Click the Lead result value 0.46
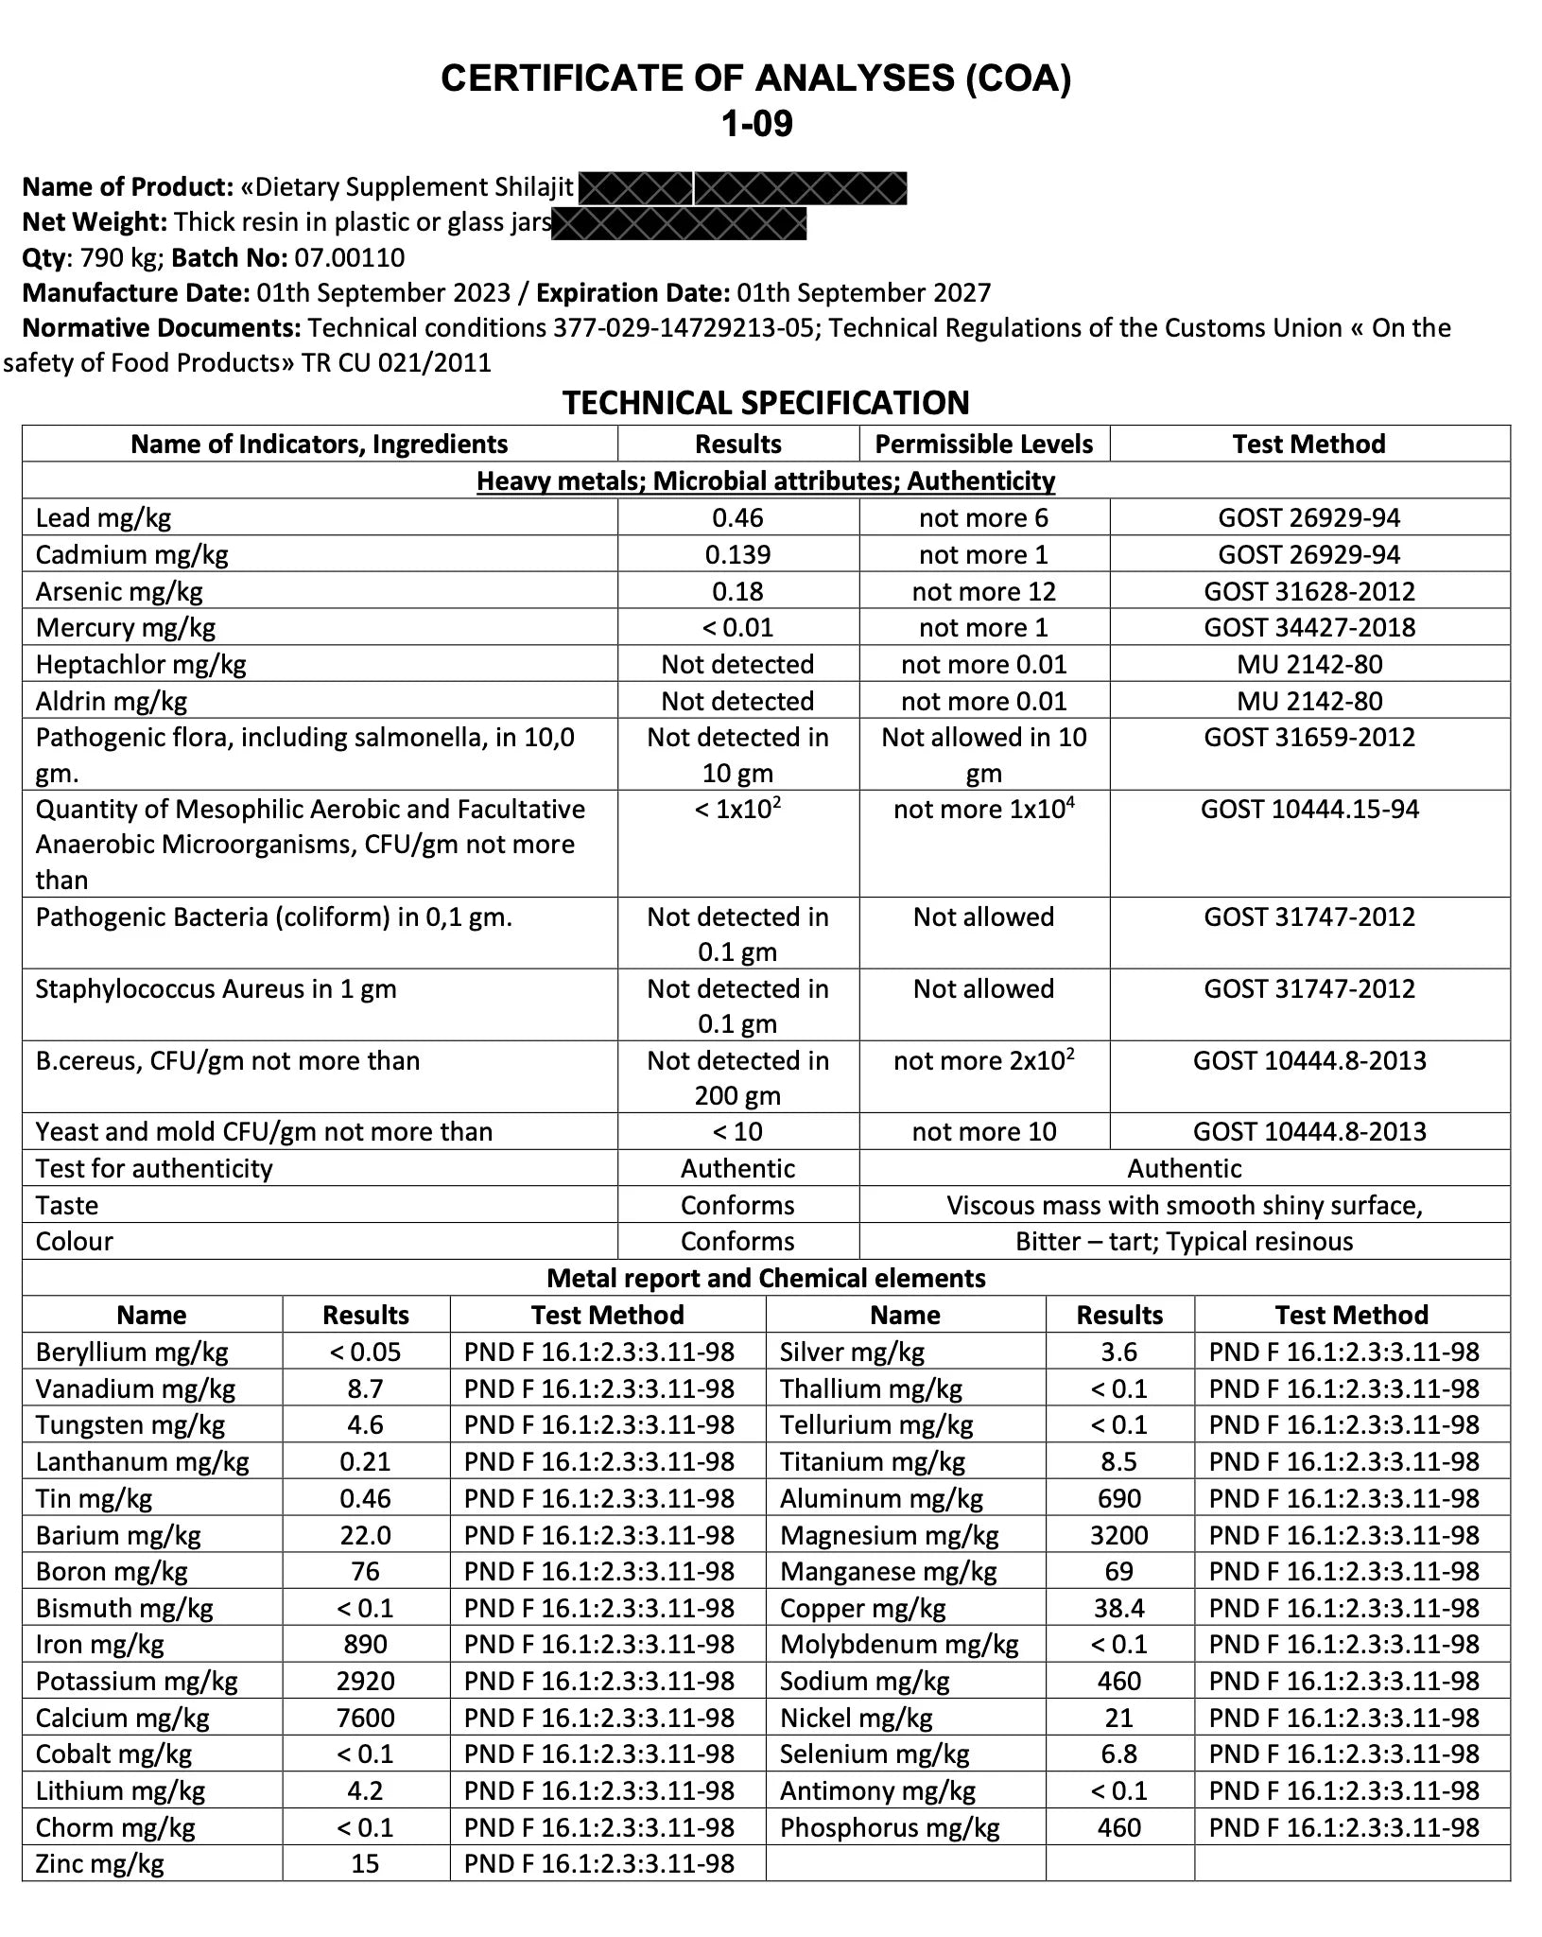coord(737,517)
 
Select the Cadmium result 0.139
coord(737,554)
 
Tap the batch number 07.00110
coord(350,257)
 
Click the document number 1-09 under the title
coord(756,123)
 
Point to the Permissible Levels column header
coord(983,444)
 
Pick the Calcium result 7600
coord(365,1718)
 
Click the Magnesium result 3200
coord(1118,1535)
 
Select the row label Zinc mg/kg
coord(99,1863)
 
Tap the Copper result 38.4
coord(1118,1608)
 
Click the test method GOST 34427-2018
coord(1308,627)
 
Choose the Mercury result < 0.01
coord(737,627)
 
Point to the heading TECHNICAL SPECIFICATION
coord(766,403)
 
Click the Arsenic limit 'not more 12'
coord(983,591)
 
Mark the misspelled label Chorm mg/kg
coord(115,1827)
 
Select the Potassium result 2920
coord(365,1681)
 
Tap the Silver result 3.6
coord(1118,1352)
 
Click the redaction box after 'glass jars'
coord(679,223)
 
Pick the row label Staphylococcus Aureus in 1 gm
coord(216,988)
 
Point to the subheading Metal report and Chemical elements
coord(766,1278)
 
